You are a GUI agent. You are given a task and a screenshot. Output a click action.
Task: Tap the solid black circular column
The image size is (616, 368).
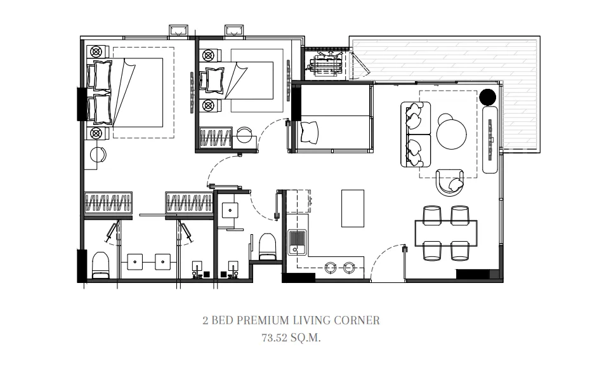point(488,97)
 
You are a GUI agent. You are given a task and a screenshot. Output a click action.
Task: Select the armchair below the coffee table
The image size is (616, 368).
point(450,183)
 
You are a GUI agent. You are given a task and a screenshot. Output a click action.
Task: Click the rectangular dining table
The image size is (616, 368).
point(446,233)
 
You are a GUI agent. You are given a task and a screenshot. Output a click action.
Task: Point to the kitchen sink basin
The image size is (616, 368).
point(297,240)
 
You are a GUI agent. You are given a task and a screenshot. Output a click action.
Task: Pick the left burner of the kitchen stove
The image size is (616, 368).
point(330,268)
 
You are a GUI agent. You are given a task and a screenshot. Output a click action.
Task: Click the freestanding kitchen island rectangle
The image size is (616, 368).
point(352,208)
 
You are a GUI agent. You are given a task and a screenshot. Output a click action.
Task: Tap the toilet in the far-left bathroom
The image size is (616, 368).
point(100,265)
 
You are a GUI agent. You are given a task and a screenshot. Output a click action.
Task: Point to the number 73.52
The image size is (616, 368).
point(275,338)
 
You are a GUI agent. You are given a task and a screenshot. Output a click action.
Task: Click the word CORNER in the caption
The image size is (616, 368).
point(357,320)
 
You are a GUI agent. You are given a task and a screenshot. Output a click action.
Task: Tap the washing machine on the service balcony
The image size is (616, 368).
point(325,64)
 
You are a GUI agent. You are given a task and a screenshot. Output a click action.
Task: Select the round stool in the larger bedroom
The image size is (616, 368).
point(98,155)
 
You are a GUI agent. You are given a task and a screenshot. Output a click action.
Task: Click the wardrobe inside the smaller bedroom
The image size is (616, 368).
point(216,138)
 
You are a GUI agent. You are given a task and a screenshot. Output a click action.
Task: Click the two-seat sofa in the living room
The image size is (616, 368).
point(416,135)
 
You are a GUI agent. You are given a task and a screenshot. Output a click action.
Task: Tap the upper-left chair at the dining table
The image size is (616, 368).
point(432,214)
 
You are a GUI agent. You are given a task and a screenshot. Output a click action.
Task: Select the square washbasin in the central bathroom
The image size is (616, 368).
point(229,210)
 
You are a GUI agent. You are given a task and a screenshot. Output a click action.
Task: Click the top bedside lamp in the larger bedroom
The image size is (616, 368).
point(96,52)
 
